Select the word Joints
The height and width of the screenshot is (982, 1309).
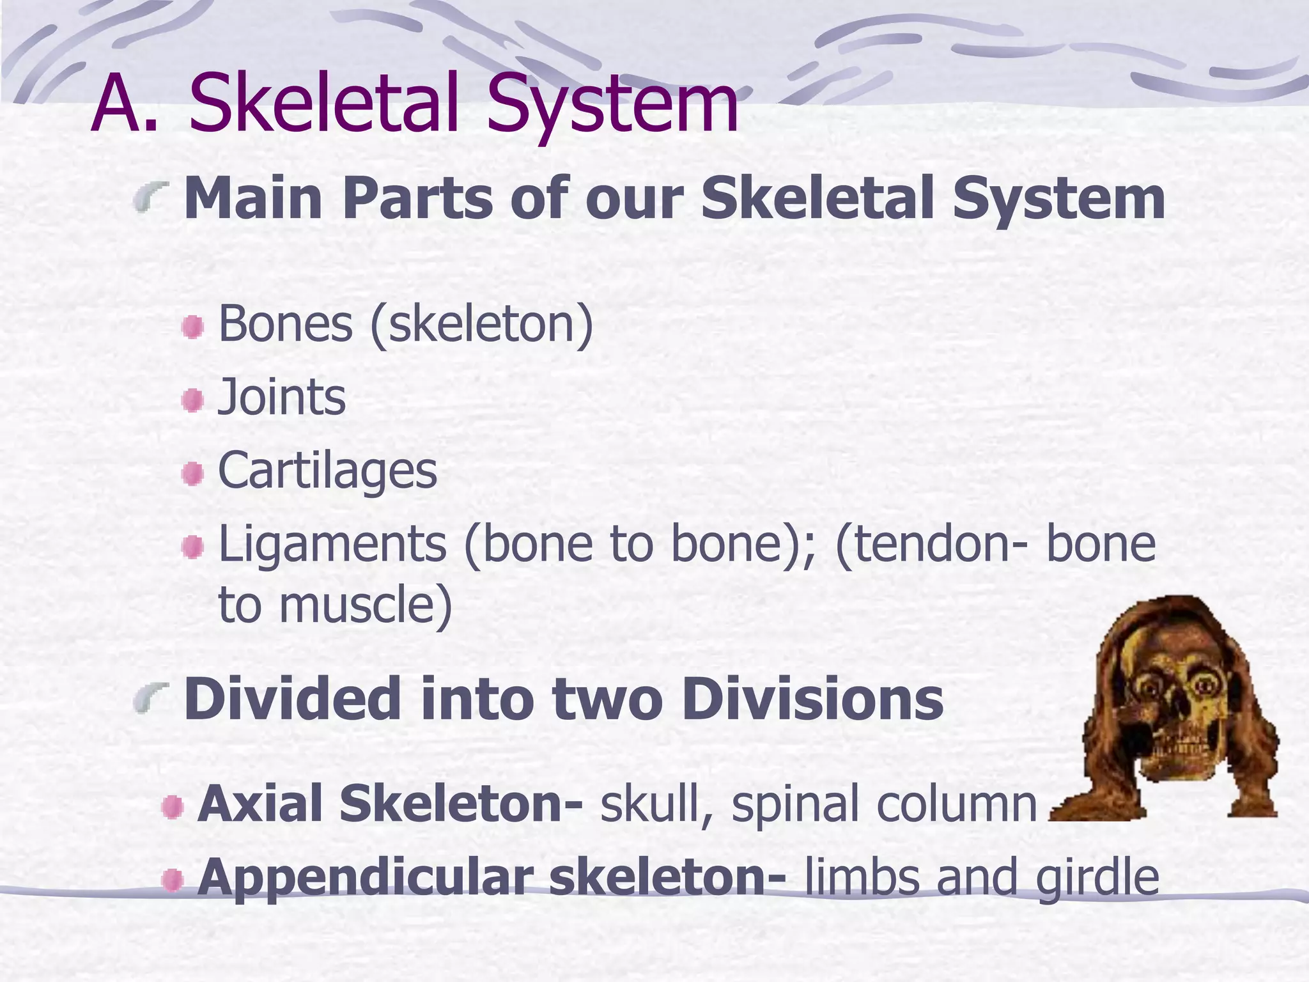(x=282, y=397)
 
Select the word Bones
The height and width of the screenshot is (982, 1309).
(x=285, y=323)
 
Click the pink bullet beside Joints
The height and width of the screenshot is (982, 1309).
(x=192, y=401)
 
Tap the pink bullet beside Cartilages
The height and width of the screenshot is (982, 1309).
(x=192, y=474)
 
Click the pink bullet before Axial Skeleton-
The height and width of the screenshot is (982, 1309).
(x=173, y=807)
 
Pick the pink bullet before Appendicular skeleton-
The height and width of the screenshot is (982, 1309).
(x=173, y=881)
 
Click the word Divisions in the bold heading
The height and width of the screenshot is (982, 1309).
(x=812, y=699)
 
